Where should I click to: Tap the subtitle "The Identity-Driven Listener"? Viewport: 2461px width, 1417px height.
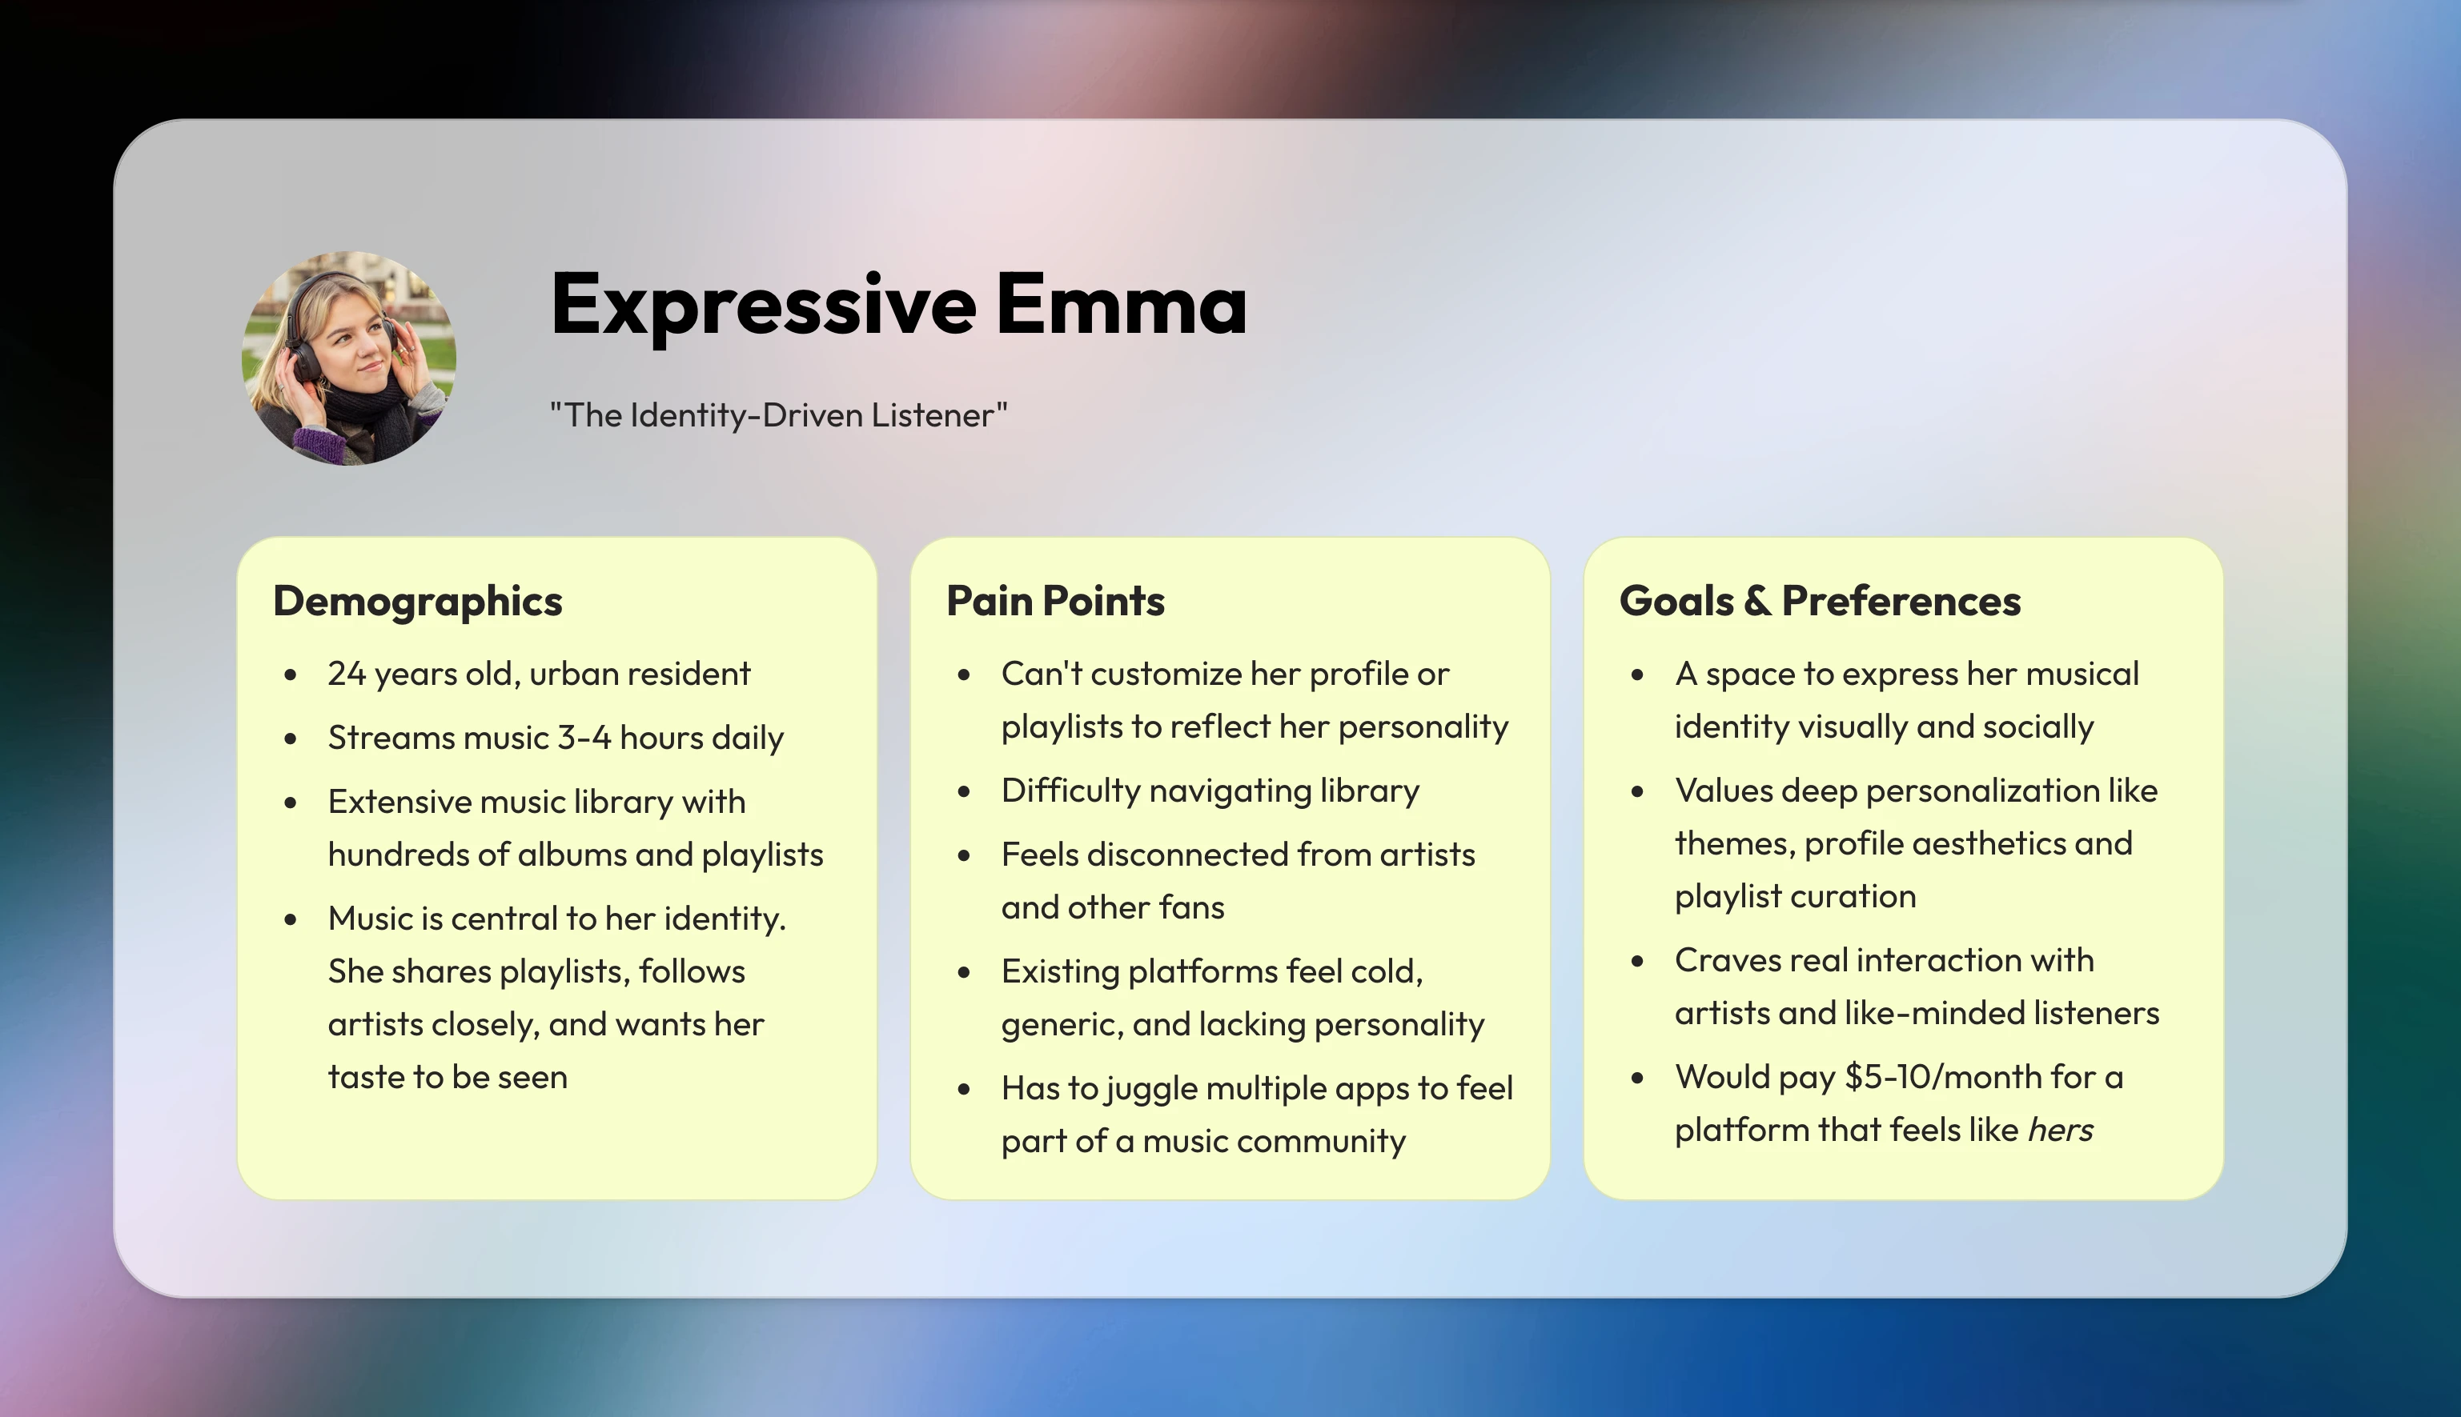coord(779,415)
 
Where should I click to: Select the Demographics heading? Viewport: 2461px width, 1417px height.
coord(418,602)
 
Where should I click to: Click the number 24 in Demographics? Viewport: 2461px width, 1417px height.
coord(347,674)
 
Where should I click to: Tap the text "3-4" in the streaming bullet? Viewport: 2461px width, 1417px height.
coord(584,738)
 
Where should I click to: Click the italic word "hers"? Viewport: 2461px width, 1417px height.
coord(2060,1130)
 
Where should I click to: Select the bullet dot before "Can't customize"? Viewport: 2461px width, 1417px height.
coord(964,675)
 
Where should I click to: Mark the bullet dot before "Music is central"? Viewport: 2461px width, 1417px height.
coord(290,919)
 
